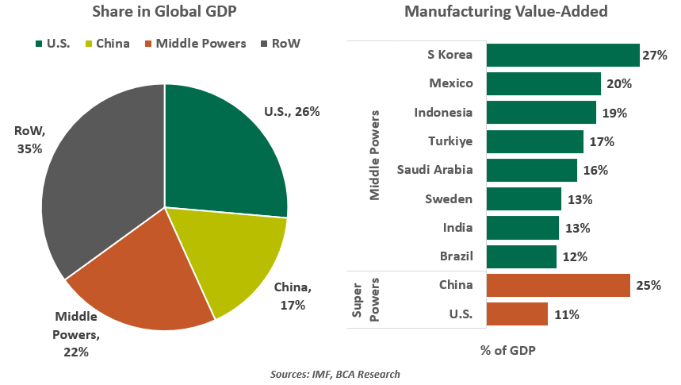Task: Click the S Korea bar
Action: (x=562, y=55)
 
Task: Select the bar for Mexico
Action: (x=543, y=83)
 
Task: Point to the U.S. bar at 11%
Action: (x=516, y=314)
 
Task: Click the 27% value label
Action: (x=654, y=56)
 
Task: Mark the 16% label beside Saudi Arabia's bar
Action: (x=595, y=170)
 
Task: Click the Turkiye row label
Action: (x=451, y=141)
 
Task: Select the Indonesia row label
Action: (x=443, y=112)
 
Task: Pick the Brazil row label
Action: (x=456, y=256)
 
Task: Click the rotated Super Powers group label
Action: (x=364, y=300)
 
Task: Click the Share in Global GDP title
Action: (x=164, y=12)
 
